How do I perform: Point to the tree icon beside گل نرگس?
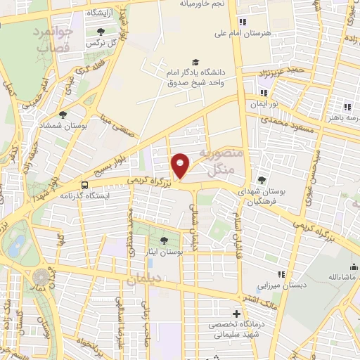[100, 31]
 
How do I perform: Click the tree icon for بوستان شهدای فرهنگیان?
[262, 179]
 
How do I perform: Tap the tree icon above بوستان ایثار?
[164, 240]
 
